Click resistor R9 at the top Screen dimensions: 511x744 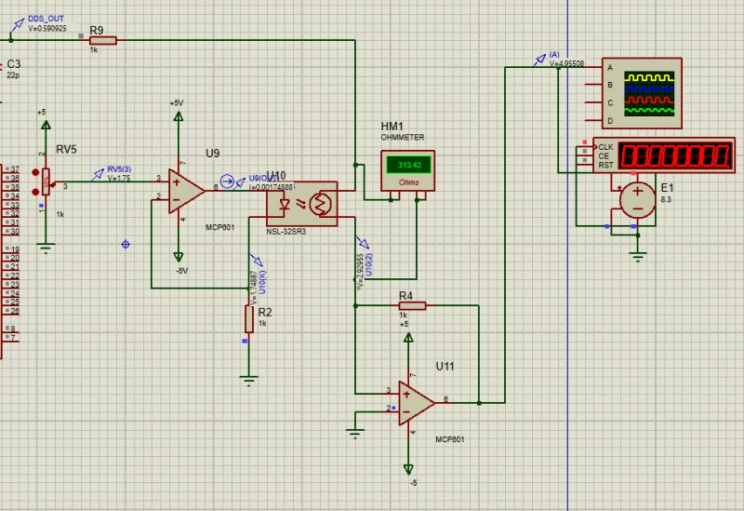coord(102,39)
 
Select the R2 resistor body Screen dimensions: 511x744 coord(248,318)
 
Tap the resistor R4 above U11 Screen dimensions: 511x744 coord(411,305)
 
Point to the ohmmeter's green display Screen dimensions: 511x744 coord(404,165)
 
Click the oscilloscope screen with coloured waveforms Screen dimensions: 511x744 coord(650,94)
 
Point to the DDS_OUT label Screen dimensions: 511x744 coord(46,18)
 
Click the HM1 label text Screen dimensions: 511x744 coord(392,127)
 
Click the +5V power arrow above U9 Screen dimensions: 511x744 coord(178,115)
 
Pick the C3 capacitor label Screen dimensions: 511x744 coord(13,64)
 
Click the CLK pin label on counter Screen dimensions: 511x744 coord(605,147)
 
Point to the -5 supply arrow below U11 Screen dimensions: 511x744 coord(407,468)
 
